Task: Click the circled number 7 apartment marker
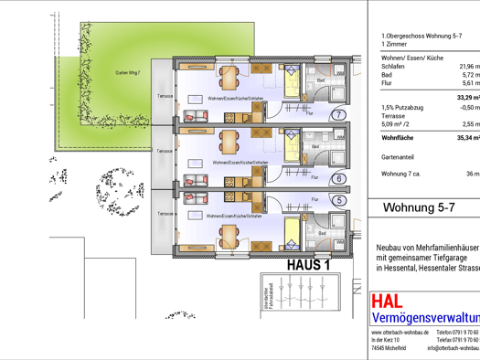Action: click(x=339, y=115)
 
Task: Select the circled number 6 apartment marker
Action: click(x=339, y=179)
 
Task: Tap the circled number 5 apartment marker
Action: click(x=339, y=200)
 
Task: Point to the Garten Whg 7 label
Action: click(x=127, y=72)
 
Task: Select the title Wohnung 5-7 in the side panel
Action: click(x=419, y=207)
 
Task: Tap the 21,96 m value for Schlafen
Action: click(x=467, y=67)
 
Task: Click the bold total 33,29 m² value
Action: click(x=467, y=97)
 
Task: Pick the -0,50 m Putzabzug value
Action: click(x=467, y=108)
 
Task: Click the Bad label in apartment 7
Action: click(x=321, y=80)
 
